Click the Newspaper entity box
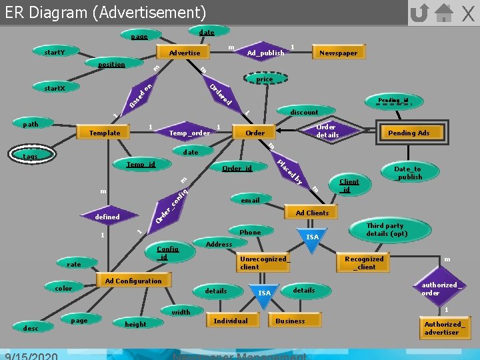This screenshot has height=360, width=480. [x=338, y=53]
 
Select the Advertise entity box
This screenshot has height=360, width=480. [x=185, y=53]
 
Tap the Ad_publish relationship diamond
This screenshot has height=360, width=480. [x=265, y=53]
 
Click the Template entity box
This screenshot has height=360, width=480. [x=105, y=133]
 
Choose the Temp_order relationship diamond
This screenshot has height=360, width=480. [x=189, y=133]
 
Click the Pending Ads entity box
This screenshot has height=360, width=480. [x=409, y=133]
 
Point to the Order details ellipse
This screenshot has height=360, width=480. [x=327, y=131]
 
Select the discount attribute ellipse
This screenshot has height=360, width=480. [x=304, y=111]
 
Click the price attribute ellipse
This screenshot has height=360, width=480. [x=264, y=79]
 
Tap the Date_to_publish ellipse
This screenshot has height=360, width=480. [x=408, y=173]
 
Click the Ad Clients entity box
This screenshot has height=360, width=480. [x=312, y=213]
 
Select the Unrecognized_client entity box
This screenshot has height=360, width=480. [x=263, y=263]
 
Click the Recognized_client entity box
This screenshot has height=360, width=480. [x=364, y=263]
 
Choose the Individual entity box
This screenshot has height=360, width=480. [x=230, y=321]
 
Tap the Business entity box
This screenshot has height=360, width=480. [x=290, y=321]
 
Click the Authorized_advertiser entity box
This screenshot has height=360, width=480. [x=442, y=328]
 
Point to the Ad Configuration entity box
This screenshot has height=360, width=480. [x=133, y=281]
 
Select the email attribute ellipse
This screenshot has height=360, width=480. [x=251, y=199]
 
